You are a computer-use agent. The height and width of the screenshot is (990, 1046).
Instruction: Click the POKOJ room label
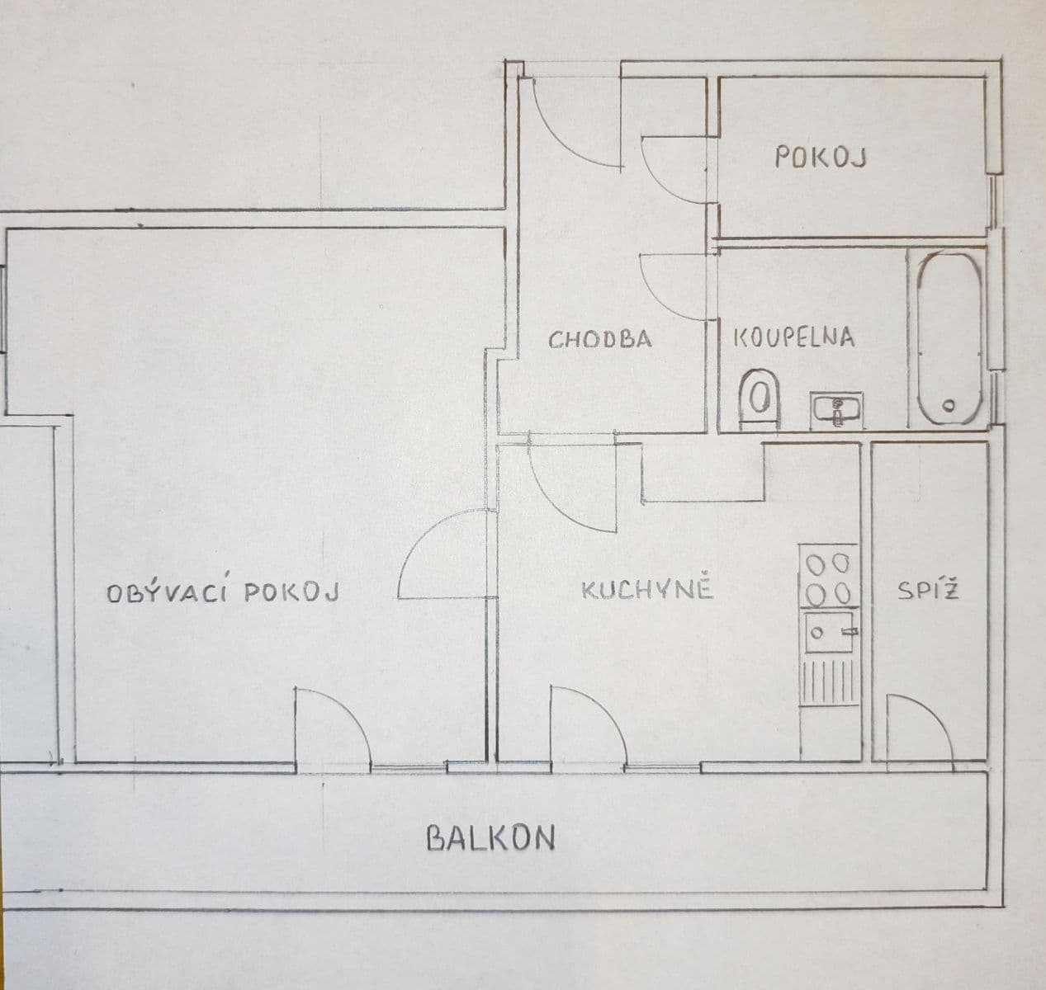pyautogui.click(x=820, y=157)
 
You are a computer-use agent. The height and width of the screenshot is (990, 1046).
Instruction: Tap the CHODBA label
pyautogui.click(x=600, y=339)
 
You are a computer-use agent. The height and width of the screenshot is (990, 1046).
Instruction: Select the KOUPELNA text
pyautogui.click(x=793, y=337)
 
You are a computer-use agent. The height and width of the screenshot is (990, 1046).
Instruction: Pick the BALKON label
pyautogui.click(x=490, y=838)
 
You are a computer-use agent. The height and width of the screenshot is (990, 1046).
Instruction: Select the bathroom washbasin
pyautogui.click(x=837, y=408)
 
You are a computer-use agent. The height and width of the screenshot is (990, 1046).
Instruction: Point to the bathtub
pyautogui.click(x=949, y=338)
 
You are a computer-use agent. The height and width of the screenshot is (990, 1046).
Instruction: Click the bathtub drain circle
pyautogui.click(x=949, y=405)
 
